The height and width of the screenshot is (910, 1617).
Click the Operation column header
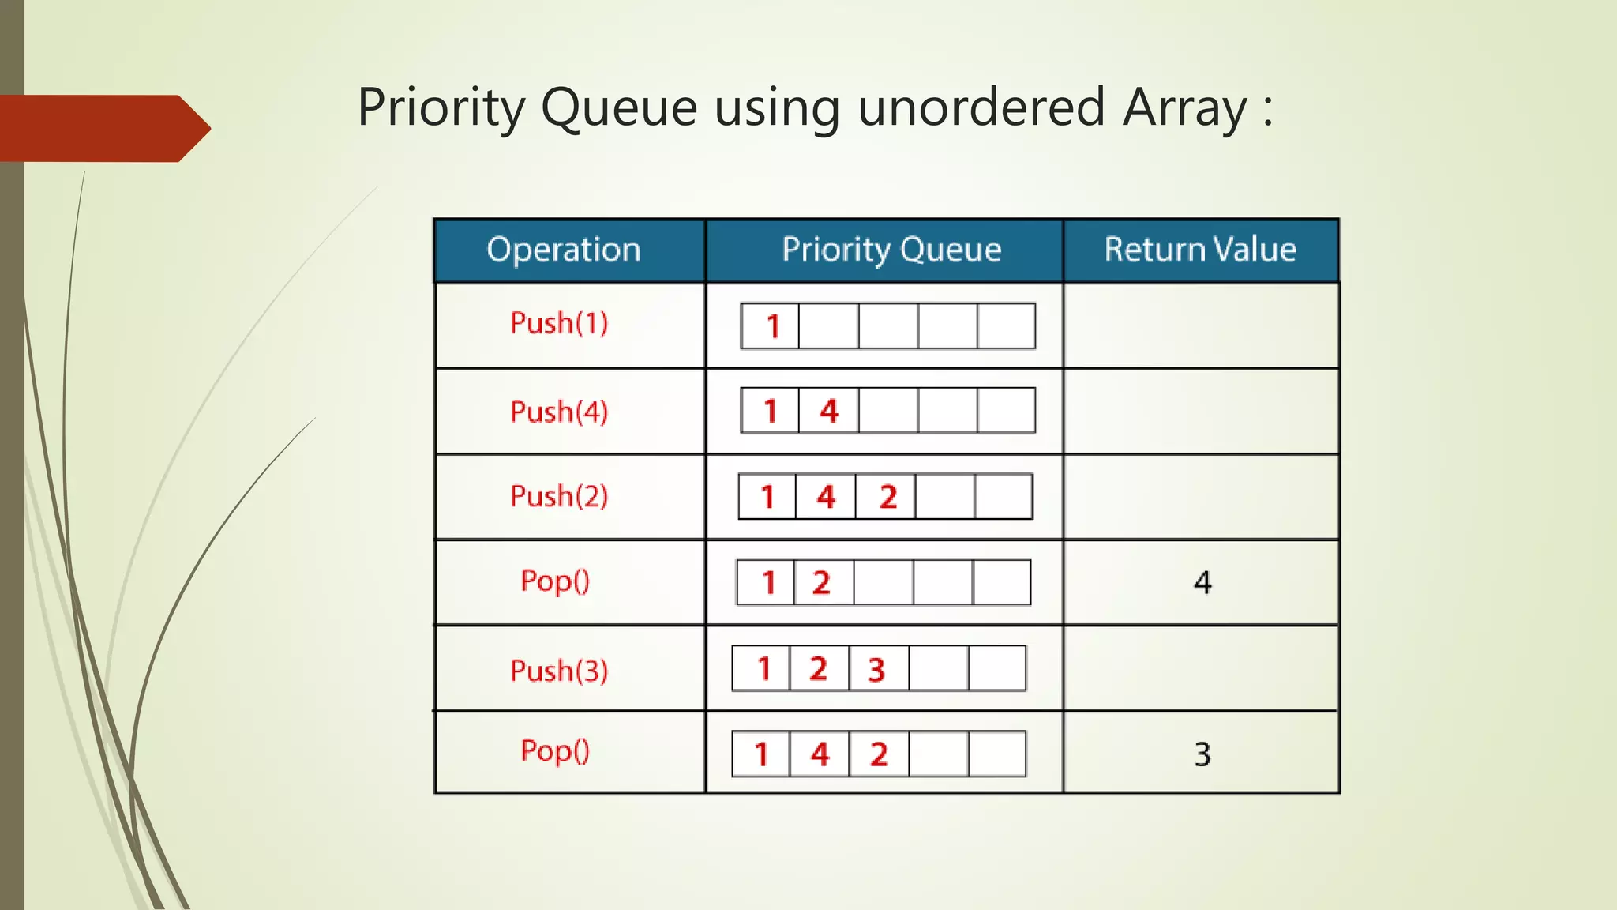(564, 250)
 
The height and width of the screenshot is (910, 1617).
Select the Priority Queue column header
(891, 250)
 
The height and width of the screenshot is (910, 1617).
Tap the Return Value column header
(1200, 250)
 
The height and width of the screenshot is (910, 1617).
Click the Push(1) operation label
(559, 323)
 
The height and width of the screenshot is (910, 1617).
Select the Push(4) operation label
(559, 412)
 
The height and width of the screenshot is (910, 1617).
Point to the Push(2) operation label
(559, 497)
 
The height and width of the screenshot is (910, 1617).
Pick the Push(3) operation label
(559, 671)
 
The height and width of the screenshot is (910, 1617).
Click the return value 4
(1202, 583)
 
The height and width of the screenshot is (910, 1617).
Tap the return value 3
(1202, 754)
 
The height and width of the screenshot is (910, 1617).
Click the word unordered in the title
(981, 107)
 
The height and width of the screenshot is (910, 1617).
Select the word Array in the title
(1185, 107)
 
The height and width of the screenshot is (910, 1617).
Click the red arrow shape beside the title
(103, 128)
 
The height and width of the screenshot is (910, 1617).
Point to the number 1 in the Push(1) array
(773, 326)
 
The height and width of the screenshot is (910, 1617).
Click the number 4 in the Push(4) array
(828, 411)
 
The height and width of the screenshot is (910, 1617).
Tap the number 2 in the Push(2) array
(888, 497)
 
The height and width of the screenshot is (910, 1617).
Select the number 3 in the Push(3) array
(876, 670)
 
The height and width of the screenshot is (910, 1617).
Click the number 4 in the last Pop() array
(820, 754)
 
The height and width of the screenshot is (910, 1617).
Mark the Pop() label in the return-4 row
(555, 581)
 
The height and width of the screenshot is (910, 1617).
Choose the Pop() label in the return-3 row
(555, 751)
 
